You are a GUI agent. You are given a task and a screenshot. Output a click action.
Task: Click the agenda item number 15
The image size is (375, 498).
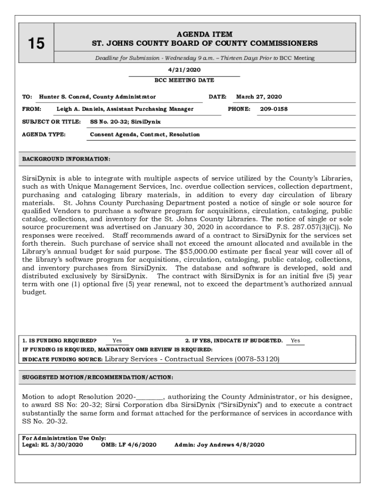(36, 44)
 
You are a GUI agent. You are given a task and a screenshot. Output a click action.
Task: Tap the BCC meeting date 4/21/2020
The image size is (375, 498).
(184, 70)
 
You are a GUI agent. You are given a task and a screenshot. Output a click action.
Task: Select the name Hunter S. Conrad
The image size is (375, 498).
(66, 97)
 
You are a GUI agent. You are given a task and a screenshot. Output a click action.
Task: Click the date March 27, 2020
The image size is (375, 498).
(259, 97)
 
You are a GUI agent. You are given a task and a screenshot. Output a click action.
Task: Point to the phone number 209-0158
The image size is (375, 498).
(273, 109)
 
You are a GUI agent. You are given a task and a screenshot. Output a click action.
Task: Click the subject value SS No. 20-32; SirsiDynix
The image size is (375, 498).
(125, 122)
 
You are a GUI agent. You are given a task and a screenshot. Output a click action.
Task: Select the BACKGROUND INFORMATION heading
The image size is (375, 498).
(67, 159)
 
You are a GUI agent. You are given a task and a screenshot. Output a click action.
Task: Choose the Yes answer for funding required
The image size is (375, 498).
(117, 340)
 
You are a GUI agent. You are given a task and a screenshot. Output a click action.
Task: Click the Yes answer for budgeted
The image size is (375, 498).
(295, 340)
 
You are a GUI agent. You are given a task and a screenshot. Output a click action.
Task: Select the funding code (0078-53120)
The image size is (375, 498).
(257, 359)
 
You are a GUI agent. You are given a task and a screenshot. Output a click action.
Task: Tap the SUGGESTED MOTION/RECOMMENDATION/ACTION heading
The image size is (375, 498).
(98, 377)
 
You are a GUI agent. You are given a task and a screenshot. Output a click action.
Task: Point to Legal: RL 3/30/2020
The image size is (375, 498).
(53, 445)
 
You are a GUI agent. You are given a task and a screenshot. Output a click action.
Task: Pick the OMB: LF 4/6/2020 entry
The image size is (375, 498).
(129, 445)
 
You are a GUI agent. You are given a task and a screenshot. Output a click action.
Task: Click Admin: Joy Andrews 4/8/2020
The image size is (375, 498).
(219, 445)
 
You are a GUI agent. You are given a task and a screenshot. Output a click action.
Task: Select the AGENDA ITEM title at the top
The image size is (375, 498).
(205, 35)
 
